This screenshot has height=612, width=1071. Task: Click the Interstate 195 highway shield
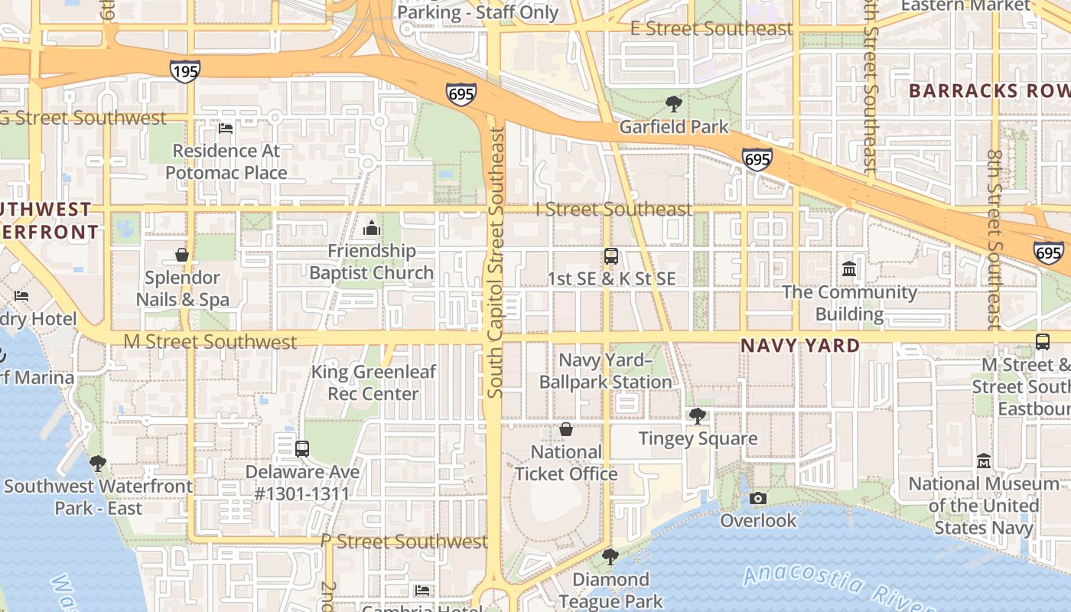pos(185,71)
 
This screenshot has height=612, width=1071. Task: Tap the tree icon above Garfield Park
pos(674,104)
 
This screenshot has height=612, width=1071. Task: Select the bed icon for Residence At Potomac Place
pos(226,128)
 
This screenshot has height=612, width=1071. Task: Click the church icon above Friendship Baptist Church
pos(372,228)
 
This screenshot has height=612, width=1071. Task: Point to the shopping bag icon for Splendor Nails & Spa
pos(182,255)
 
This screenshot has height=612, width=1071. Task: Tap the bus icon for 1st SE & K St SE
pos(611,256)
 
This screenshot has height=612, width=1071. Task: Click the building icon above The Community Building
pos(849,269)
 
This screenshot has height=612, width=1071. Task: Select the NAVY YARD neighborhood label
pos(800,346)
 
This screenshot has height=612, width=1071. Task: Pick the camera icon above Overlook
pos(758,499)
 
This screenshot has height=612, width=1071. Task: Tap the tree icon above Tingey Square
pos(697,416)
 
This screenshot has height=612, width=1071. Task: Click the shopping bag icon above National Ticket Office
pos(566,429)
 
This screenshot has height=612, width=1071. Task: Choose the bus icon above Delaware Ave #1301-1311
pos(302,449)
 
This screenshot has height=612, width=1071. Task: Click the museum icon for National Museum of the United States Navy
pos(984,461)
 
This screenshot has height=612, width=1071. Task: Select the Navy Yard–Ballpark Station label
pos(605,371)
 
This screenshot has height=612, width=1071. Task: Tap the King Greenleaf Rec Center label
pos(373,382)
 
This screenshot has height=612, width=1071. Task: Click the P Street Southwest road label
pos(404,542)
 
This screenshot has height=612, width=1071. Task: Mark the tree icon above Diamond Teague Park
pos(610,557)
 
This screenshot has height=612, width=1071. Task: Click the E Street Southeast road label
pos(711,29)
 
